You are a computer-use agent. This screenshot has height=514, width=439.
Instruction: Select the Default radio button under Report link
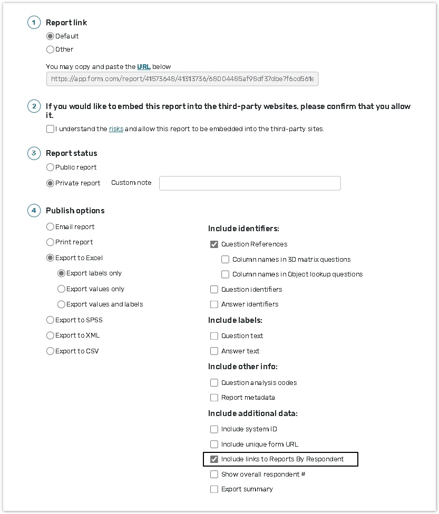(50, 36)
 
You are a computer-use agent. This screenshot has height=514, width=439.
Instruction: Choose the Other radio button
(50, 50)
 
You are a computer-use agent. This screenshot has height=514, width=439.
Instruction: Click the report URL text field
(182, 79)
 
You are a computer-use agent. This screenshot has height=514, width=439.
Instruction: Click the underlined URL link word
(144, 67)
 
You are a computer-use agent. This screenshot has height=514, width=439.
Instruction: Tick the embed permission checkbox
(50, 129)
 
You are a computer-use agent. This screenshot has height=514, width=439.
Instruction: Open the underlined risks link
(116, 129)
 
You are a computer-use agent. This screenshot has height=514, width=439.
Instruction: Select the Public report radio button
(50, 167)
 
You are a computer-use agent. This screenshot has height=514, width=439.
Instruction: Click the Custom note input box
(250, 183)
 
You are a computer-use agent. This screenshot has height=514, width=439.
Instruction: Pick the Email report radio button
(50, 227)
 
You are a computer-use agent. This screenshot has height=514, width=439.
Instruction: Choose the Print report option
(50, 242)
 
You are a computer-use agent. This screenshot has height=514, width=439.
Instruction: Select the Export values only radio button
(61, 289)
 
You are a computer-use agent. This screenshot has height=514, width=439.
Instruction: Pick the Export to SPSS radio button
(50, 320)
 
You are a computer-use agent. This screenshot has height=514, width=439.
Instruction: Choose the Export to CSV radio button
(50, 351)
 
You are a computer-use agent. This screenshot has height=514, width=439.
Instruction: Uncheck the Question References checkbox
(214, 244)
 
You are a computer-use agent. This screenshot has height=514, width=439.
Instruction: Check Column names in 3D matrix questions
(225, 260)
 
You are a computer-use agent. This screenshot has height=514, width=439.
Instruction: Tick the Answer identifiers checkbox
(214, 304)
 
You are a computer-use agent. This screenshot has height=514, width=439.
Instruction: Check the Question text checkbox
(214, 336)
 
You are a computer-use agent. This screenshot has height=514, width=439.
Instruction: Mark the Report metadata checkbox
(214, 398)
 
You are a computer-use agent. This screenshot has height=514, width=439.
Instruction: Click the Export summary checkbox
(214, 489)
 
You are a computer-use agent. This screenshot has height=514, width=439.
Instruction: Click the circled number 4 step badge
(34, 211)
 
